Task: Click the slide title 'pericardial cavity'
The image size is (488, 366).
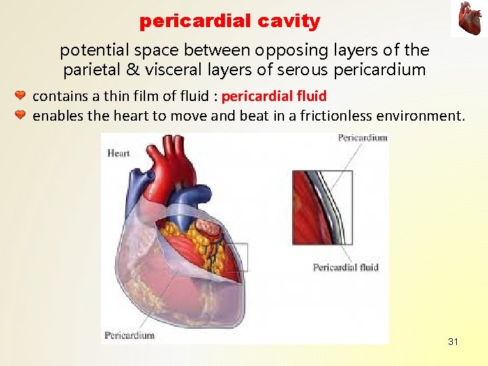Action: pyautogui.click(x=229, y=21)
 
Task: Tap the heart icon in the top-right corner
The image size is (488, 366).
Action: pyautogui.click(x=469, y=18)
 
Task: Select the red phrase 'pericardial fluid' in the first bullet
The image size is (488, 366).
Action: pyautogui.click(x=274, y=96)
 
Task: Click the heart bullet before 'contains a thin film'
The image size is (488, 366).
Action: pyautogui.click(x=20, y=96)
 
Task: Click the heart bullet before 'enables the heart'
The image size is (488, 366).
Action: pyautogui.click(x=20, y=116)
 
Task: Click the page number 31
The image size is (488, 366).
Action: pyautogui.click(x=453, y=342)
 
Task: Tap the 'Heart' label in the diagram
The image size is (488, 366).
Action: pyautogui.click(x=118, y=153)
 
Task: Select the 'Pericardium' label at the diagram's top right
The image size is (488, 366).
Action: pyautogui.click(x=363, y=138)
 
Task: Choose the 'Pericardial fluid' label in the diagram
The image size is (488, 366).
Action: pyautogui.click(x=345, y=267)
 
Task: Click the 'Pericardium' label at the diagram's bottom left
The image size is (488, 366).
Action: pyautogui.click(x=129, y=335)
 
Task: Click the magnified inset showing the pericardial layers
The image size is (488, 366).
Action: pyautogui.click(x=323, y=207)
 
